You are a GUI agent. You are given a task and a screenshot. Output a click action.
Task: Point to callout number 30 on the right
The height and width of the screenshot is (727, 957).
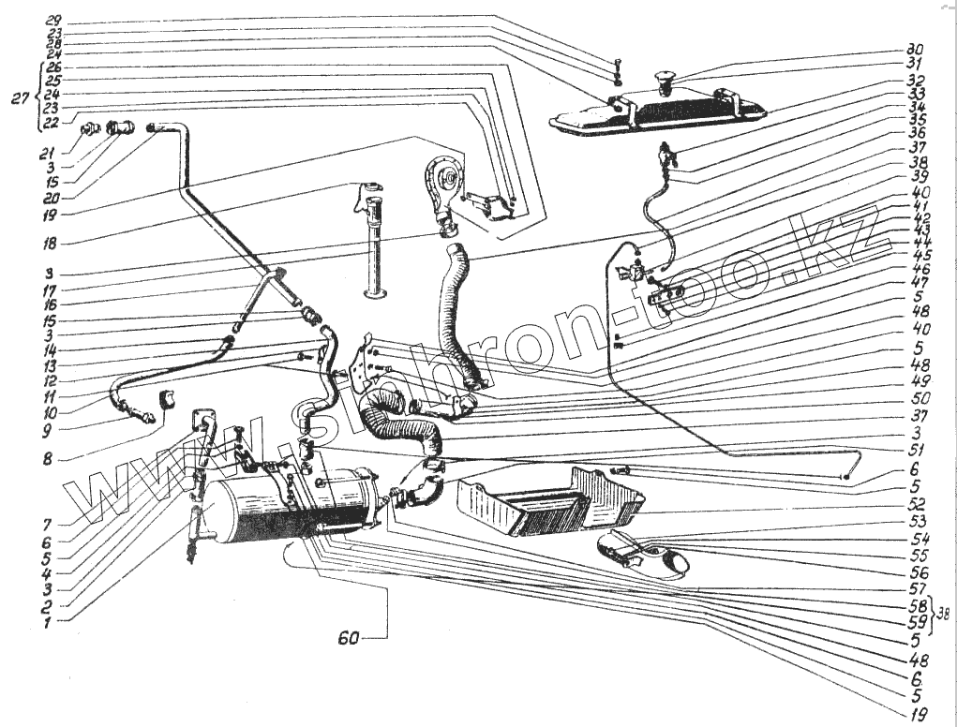click(x=915, y=50)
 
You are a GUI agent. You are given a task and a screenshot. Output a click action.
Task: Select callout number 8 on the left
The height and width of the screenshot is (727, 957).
click(x=59, y=459)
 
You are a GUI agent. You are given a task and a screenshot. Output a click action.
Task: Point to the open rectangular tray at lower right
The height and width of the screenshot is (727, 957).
click(x=553, y=501)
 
